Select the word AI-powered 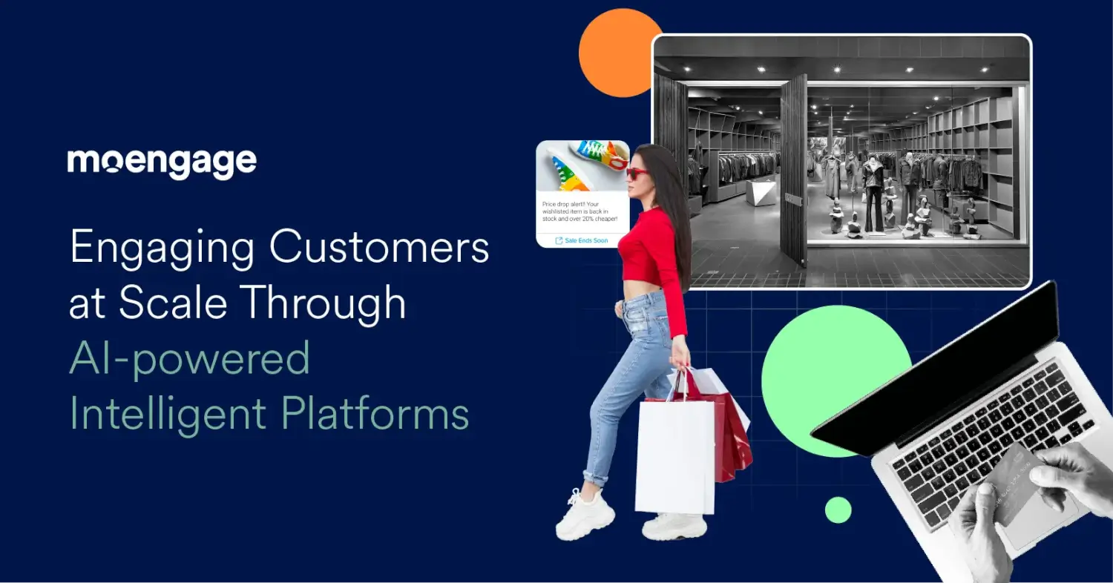tap(189, 358)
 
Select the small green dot tap(838, 510)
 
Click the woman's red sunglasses tap(637, 173)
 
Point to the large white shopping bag tap(674, 456)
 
